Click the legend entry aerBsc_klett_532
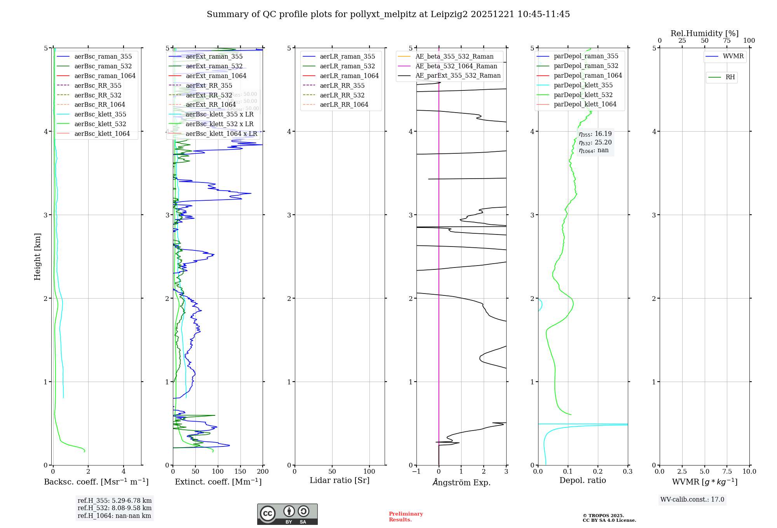click(100, 124)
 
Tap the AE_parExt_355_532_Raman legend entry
click(458, 76)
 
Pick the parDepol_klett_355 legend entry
click(583, 85)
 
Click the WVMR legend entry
click(733, 56)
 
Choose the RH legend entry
click(730, 77)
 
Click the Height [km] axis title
click(37, 257)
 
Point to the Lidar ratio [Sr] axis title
click(339, 481)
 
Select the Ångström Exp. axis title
click(461, 483)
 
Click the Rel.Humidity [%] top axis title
click(704, 33)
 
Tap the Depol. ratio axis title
click(582, 481)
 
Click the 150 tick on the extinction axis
click(240, 472)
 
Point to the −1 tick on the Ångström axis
click(416, 472)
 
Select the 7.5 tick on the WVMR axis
click(727, 472)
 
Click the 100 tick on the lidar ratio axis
click(369, 472)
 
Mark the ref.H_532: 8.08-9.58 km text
click(114, 508)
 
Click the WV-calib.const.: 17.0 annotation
click(692, 500)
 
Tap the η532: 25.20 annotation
click(595, 142)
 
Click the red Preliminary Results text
click(406, 517)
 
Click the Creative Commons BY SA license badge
click(287, 514)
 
